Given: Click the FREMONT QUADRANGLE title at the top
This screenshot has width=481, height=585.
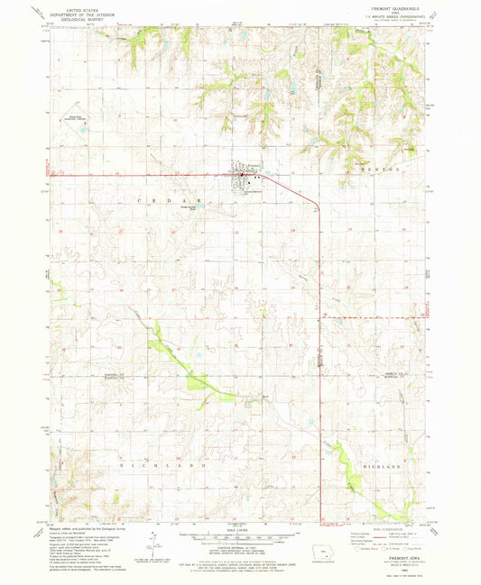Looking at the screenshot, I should point(388,10).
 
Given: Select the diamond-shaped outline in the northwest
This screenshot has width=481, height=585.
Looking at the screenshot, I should point(79,119).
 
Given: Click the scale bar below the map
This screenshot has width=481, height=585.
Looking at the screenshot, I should point(236,538).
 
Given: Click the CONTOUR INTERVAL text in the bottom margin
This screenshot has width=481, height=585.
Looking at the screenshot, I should point(236,549).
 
